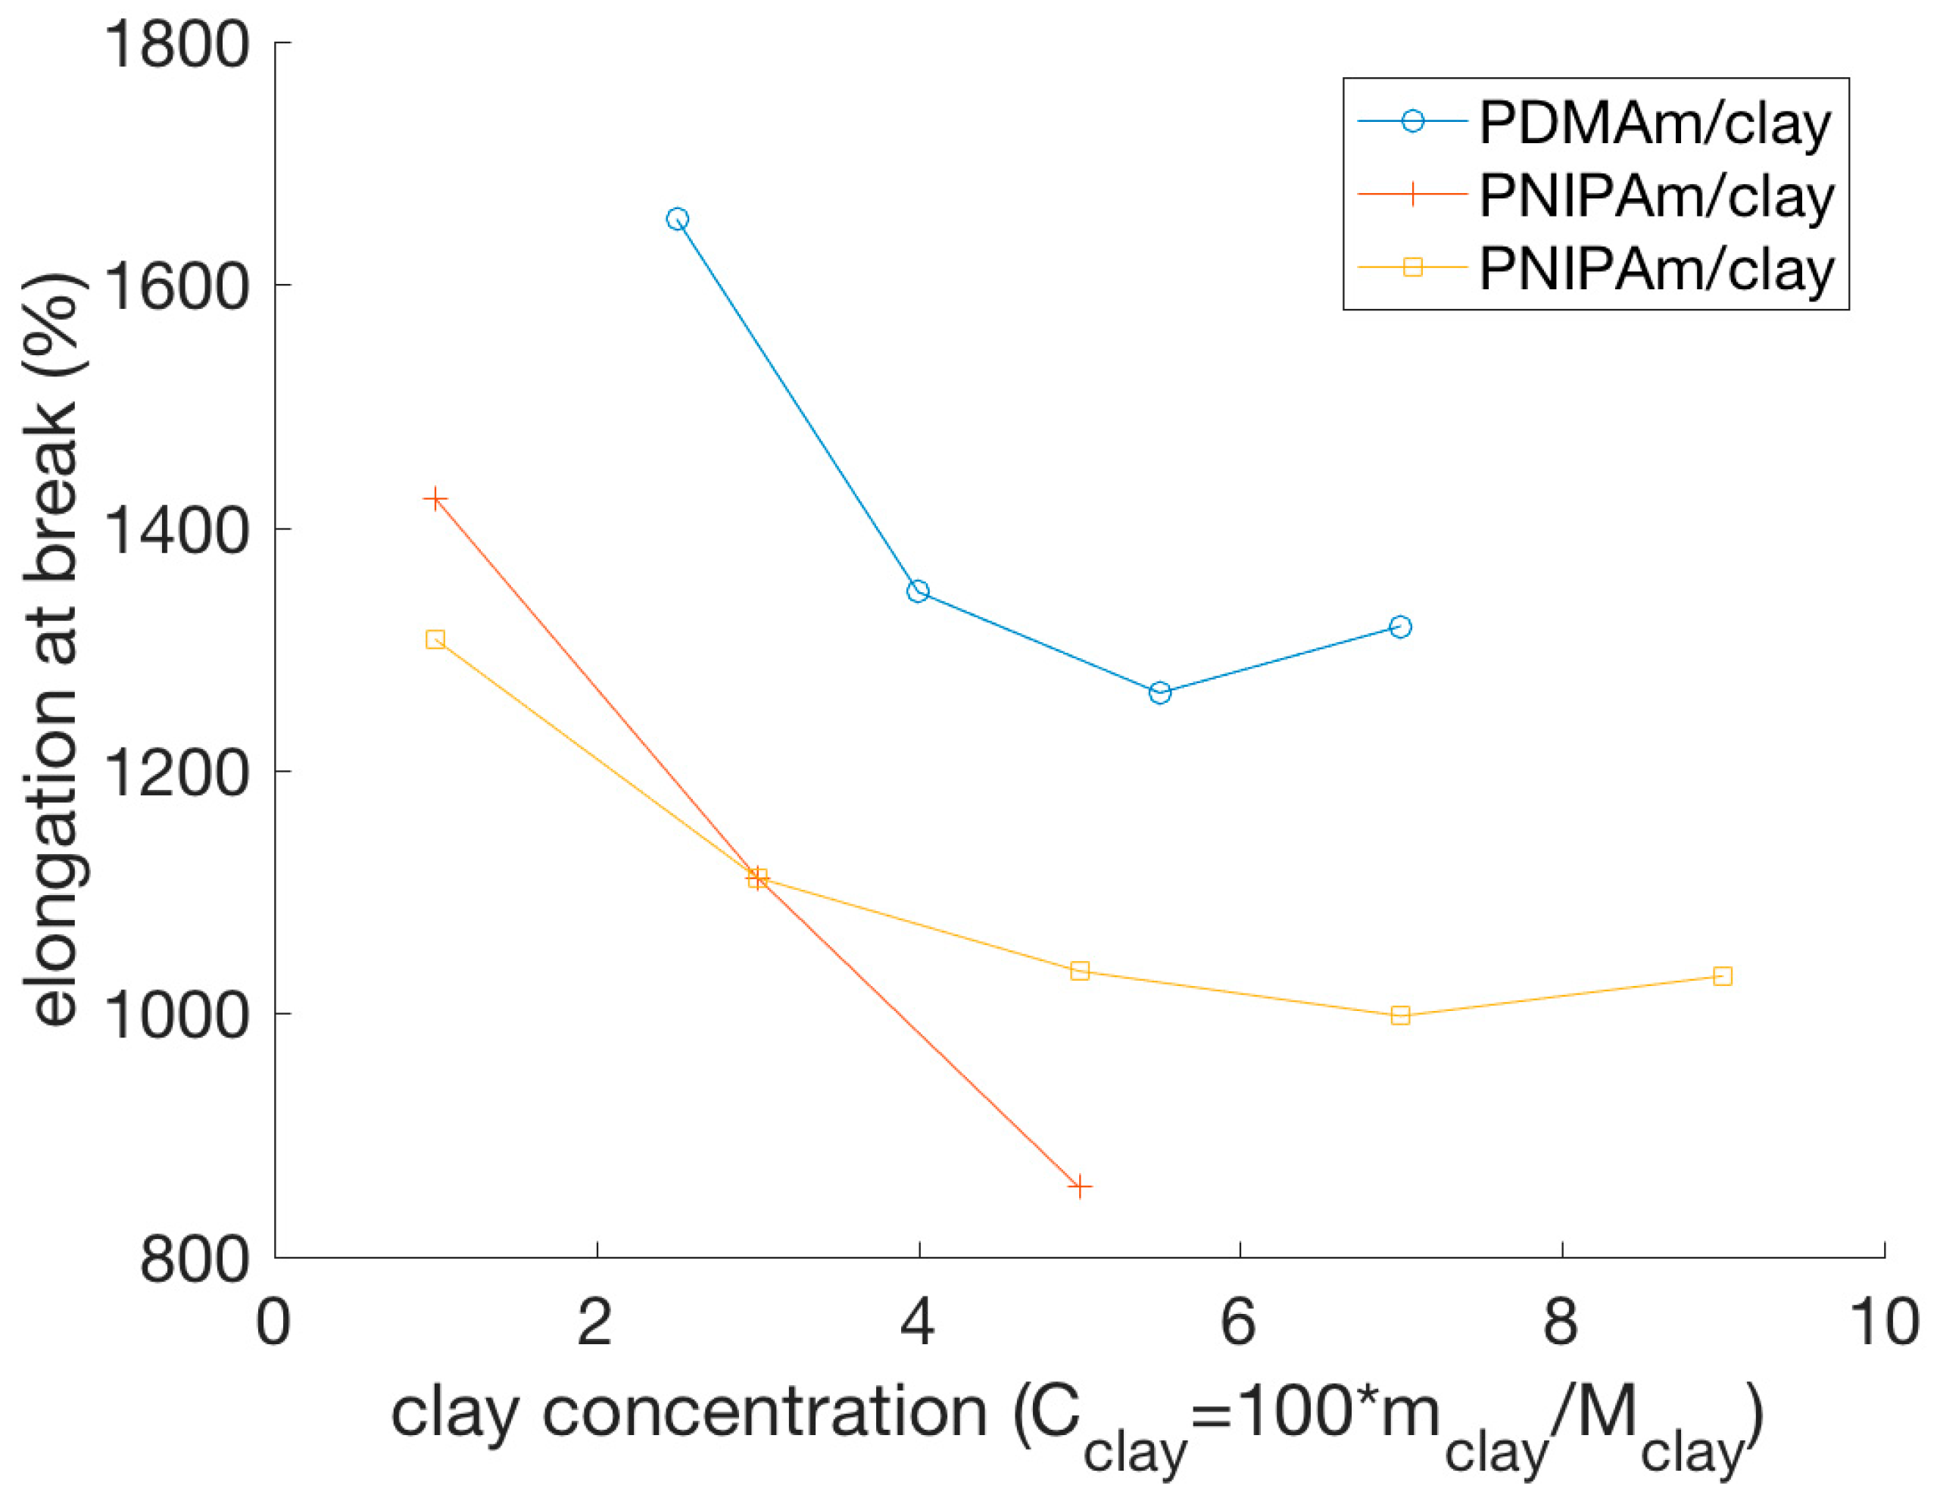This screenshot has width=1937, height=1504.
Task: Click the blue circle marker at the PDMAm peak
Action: coord(678,219)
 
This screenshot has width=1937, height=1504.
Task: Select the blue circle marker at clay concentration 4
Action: coord(919,591)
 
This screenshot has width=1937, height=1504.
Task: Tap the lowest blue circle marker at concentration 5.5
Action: coord(1160,693)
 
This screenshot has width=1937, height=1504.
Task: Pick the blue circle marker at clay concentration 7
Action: coord(1400,627)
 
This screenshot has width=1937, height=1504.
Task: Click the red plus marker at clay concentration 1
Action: coord(435,499)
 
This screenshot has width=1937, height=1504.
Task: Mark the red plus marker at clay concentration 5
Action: coord(1079,1187)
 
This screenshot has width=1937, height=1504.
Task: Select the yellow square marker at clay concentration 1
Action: coord(435,639)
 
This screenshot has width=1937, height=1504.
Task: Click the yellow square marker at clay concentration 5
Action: coord(1079,971)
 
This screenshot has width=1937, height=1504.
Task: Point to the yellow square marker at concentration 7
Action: coord(1400,1016)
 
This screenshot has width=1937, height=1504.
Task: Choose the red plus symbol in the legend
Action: coord(1413,193)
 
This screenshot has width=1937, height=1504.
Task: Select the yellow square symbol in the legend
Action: coord(1413,267)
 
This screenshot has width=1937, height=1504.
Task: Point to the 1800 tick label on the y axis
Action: coord(176,45)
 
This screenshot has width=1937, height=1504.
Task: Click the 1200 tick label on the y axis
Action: coord(176,772)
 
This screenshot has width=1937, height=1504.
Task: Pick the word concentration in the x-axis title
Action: coord(765,1412)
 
